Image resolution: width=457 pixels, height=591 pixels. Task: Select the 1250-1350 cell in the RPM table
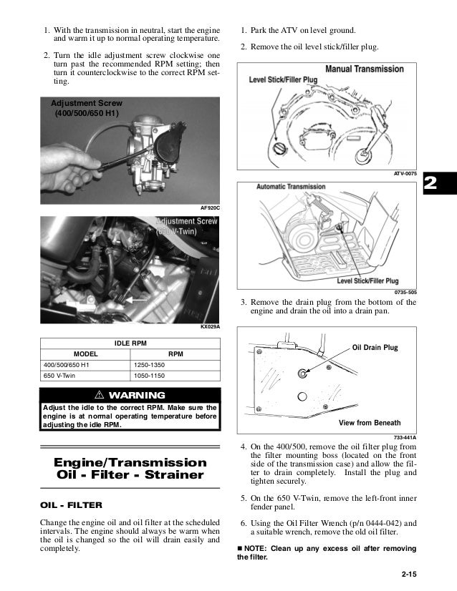coord(151,366)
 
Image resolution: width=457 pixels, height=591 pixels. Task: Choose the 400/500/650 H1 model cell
coord(67,366)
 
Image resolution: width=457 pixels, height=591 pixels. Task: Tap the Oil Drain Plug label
coord(375,348)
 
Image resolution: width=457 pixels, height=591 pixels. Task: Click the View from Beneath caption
coord(370,422)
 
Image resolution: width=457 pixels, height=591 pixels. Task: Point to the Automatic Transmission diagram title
coord(293,187)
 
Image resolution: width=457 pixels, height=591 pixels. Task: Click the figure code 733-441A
coord(405,437)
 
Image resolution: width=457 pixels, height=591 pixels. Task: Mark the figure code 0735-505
coord(405,293)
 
